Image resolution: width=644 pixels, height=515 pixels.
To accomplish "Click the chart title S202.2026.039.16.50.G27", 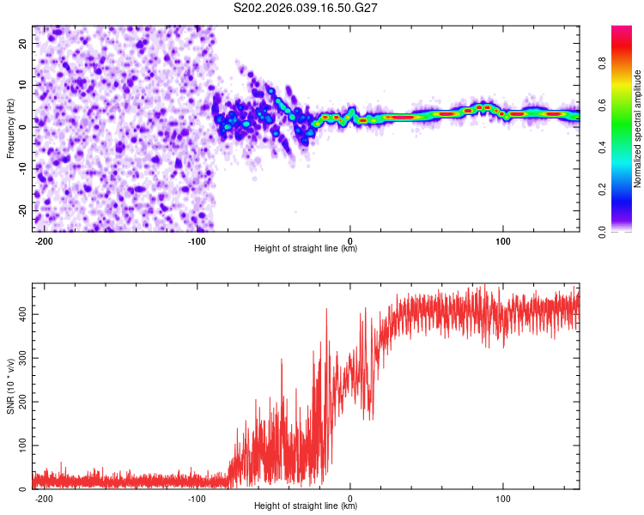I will [307, 8].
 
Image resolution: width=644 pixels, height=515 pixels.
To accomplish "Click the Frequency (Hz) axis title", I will [10, 128].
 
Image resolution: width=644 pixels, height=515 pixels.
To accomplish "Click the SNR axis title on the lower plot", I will [10, 385].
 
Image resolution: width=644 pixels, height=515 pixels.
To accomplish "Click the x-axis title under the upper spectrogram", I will [306, 249].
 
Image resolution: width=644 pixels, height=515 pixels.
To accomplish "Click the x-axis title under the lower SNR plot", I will [306, 506].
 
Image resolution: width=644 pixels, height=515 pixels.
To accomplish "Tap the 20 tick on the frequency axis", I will [22, 42].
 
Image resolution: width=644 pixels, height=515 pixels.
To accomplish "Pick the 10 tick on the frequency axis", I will [22, 84].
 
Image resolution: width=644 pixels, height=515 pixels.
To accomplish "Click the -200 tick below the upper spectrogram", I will [44, 239].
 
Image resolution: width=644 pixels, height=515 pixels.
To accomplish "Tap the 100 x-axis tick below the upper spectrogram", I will [502, 239].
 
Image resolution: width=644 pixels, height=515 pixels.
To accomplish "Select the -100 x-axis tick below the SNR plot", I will [197, 497].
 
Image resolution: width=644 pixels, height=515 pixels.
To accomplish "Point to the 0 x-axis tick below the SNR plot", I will [350, 497].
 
